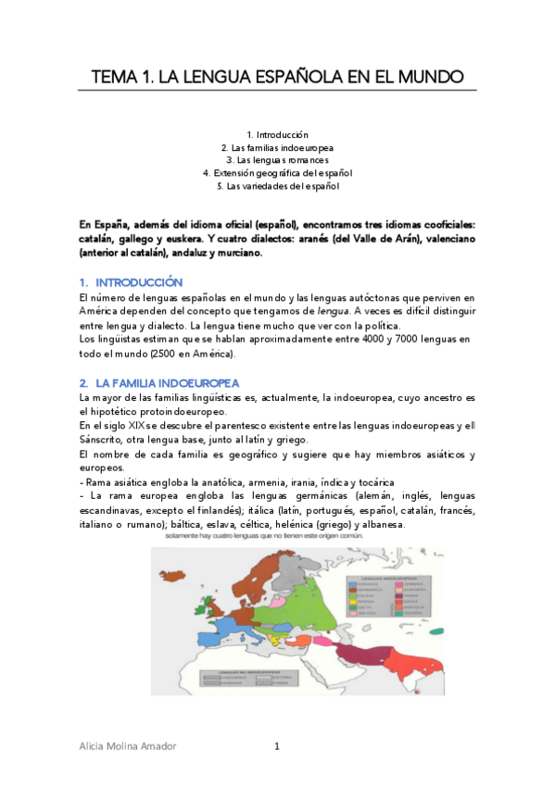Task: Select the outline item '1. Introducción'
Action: [x=277, y=134]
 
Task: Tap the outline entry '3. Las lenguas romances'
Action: [x=277, y=160]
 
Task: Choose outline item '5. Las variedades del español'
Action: [x=277, y=186]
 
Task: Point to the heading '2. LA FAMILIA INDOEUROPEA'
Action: [x=158, y=382]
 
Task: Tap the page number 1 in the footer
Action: [x=276, y=747]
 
